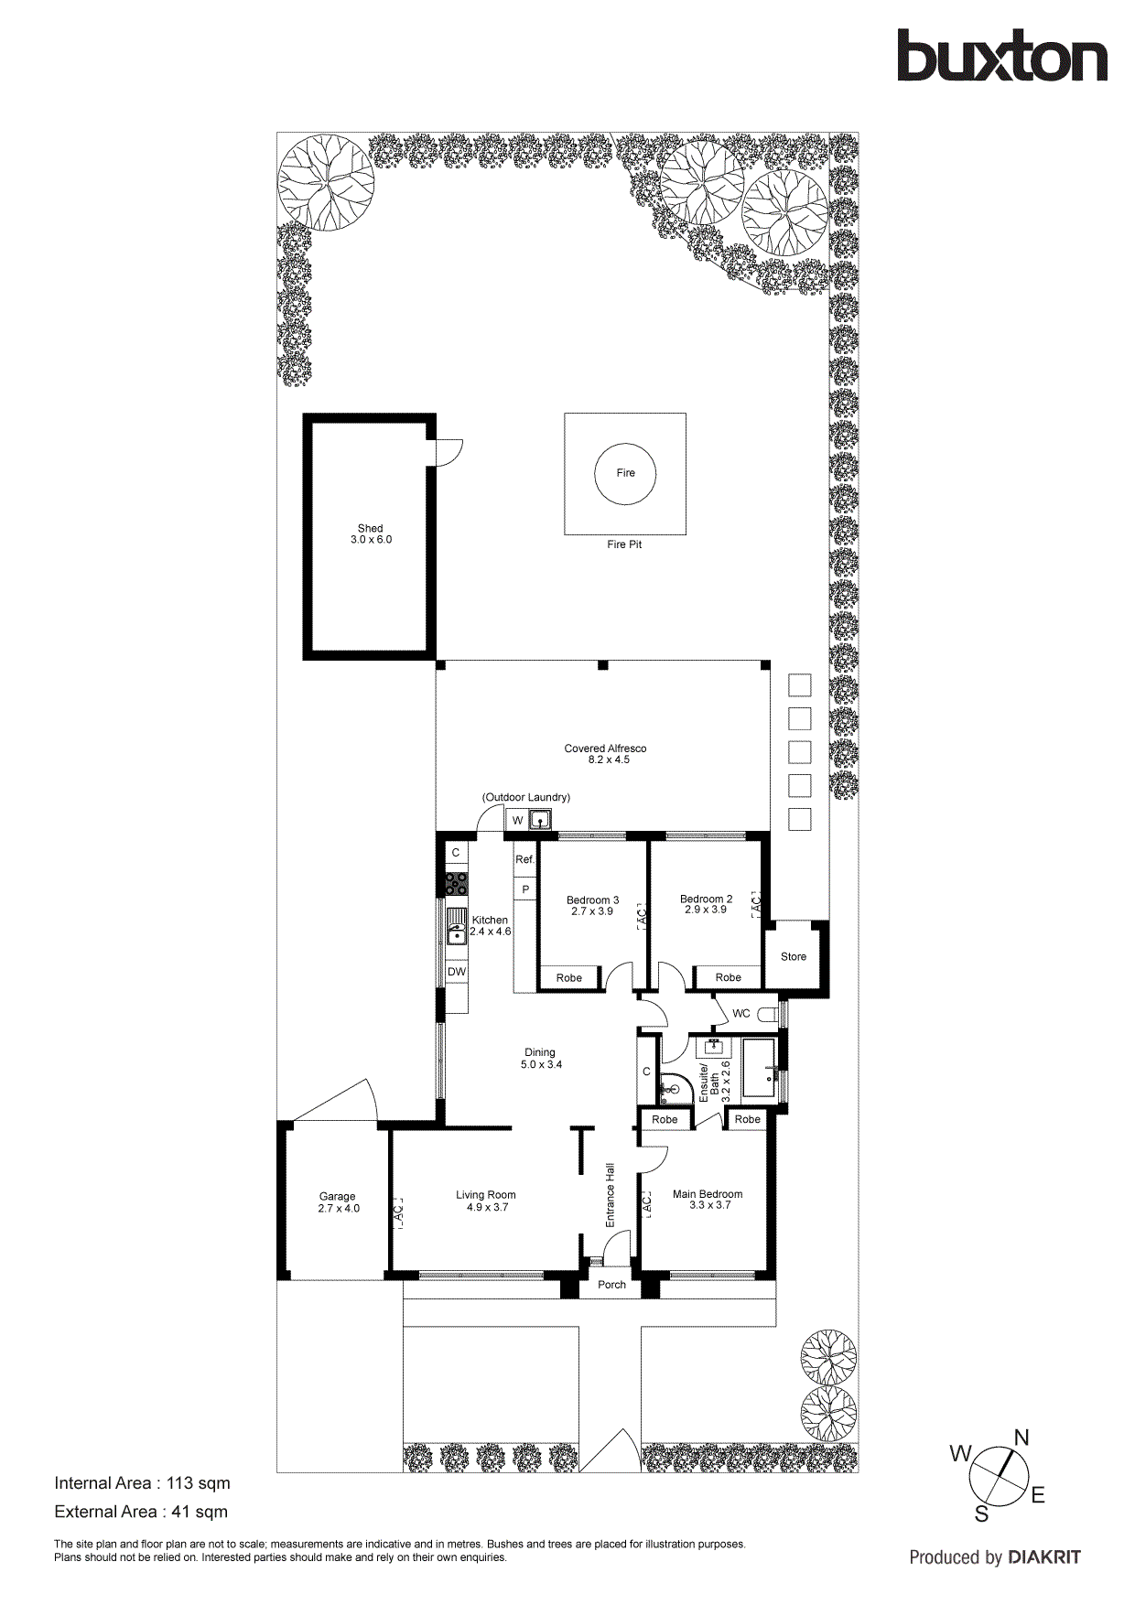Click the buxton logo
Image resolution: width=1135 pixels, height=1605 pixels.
coord(1001,56)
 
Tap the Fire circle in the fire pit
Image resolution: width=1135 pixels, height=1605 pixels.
coord(625,473)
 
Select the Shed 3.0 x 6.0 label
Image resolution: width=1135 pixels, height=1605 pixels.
coord(370,534)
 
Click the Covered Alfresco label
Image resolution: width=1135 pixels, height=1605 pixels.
coord(605,754)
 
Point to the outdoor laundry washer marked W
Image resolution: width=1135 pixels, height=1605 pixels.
coord(517,821)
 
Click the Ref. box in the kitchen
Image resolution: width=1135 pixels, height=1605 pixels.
coord(524,860)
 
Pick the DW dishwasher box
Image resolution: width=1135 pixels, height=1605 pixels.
coord(456,972)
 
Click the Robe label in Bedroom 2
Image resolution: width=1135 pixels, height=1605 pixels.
coord(728,978)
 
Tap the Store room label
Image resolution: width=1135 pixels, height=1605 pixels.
coord(794,957)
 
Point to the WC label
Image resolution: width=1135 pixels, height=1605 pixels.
coord(740,1014)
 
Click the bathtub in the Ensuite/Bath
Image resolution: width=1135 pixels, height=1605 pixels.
coord(759,1068)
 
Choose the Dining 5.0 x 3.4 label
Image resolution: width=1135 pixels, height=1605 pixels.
coord(540,1059)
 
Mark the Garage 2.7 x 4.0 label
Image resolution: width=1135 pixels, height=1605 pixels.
coord(338,1202)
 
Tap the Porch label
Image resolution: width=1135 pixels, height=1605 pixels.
coord(611,1285)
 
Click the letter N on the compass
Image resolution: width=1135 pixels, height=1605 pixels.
coord(1021,1438)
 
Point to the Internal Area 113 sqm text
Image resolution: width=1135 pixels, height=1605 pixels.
coord(142,1483)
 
